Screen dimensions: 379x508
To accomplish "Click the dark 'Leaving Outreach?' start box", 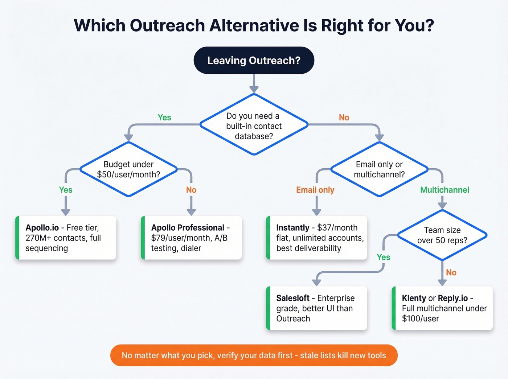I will [254, 60].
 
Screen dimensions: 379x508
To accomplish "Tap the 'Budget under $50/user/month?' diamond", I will [128, 169].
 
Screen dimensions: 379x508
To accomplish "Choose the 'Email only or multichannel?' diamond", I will [379, 169].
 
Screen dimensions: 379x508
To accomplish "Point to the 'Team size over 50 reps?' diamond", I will [442, 235].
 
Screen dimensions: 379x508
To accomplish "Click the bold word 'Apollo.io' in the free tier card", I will [42, 228].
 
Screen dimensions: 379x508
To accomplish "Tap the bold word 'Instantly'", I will [292, 228].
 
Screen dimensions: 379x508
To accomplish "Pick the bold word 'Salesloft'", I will [292, 298].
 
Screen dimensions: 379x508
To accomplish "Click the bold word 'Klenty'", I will [414, 298].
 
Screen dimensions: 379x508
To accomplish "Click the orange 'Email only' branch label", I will [315, 190].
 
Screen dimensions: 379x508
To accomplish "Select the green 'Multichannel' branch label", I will [444, 190].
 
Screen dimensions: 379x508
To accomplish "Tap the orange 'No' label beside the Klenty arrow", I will [451, 272].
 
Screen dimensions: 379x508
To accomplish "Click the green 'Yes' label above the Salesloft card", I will [383, 257].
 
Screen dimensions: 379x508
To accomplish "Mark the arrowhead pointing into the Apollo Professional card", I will [191, 212].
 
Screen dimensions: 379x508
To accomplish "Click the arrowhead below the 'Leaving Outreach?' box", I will [254, 89].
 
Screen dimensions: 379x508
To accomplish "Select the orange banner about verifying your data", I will [254, 355].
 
